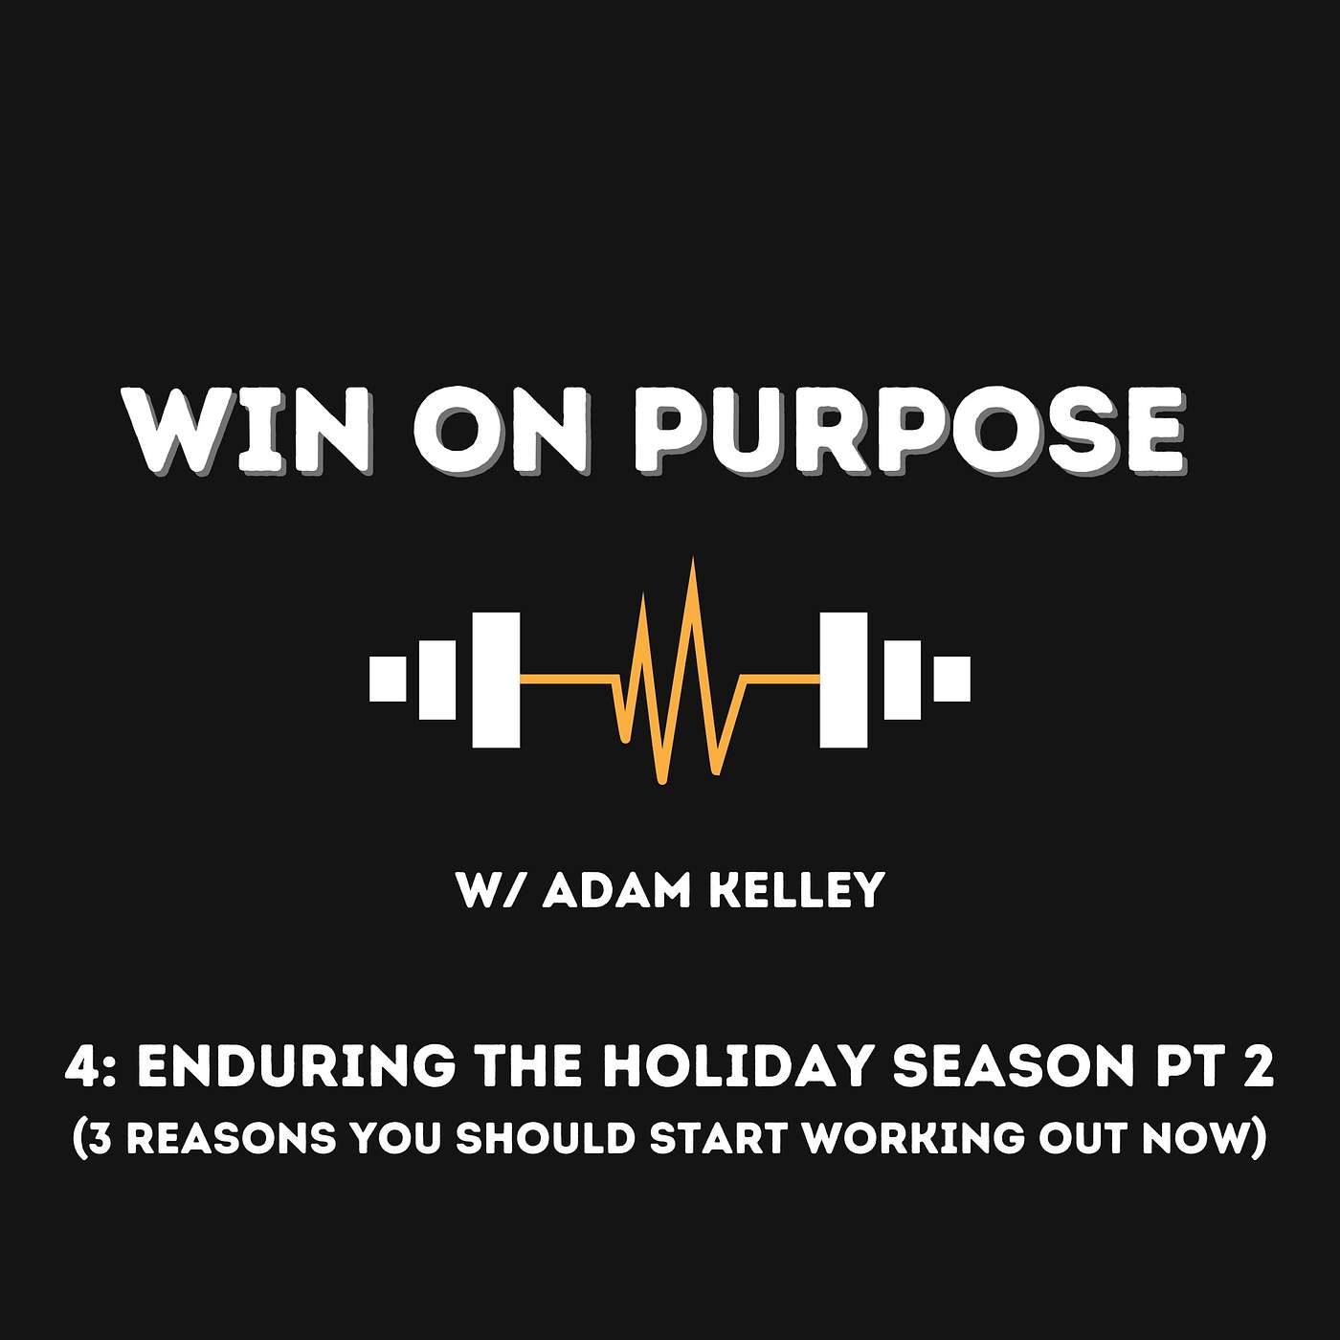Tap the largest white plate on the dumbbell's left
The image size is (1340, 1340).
point(496,679)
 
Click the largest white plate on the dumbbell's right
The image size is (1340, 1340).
point(844,679)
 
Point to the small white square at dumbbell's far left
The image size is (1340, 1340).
point(388,679)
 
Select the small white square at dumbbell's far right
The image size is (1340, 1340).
point(952,679)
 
